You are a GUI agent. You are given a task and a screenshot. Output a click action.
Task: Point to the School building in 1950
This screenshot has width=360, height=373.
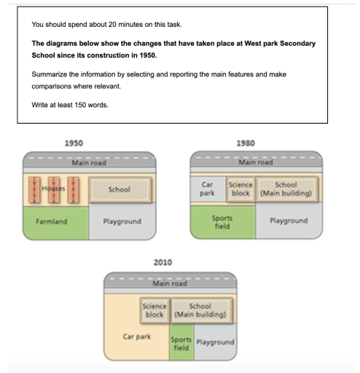tap(119, 189)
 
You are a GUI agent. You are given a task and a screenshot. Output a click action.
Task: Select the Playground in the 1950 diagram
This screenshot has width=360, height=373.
tap(122, 221)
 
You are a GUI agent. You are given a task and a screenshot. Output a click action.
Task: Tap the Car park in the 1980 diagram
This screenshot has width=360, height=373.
tap(207, 189)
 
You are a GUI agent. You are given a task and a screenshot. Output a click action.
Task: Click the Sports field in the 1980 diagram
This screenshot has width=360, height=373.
tap(222, 221)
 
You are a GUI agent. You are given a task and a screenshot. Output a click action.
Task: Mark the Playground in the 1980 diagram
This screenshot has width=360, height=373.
tap(289, 221)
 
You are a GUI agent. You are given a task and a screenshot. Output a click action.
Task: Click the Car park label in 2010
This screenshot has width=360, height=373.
tap(136, 337)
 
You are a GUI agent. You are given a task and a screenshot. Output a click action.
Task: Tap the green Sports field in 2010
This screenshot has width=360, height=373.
tap(181, 345)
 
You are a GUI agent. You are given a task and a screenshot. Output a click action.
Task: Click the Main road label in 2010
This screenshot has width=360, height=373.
tap(170, 284)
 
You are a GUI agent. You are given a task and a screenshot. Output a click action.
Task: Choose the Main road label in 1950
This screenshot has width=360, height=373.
tap(89, 163)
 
